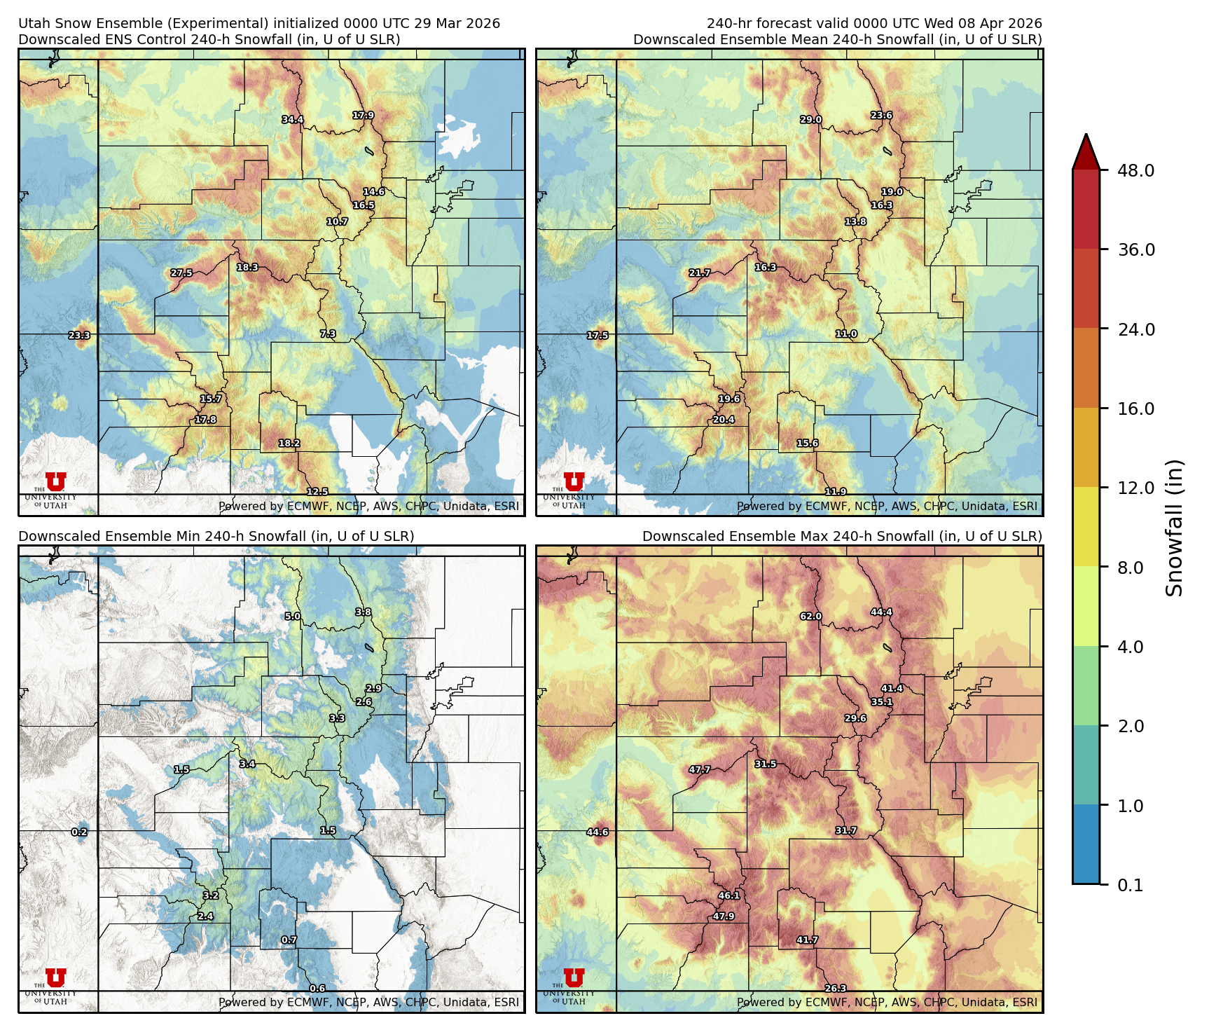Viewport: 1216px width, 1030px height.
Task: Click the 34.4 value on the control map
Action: [293, 120]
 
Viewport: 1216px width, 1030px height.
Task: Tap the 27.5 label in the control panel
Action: [181, 273]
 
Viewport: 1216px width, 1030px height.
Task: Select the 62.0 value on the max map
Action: [811, 617]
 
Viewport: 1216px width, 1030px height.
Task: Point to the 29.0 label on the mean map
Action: [811, 120]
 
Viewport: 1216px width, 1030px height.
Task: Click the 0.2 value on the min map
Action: [79, 832]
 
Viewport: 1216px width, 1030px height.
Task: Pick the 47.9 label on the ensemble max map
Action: [724, 916]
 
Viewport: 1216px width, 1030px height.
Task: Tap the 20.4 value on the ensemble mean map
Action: [724, 420]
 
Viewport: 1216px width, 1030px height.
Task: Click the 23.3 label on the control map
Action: [79, 336]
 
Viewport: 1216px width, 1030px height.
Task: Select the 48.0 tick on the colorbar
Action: [1135, 170]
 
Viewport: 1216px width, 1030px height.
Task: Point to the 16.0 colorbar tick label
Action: [1135, 408]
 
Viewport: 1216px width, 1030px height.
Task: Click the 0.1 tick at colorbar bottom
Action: [1130, 885]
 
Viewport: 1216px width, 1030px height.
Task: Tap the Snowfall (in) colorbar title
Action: [1175, 527]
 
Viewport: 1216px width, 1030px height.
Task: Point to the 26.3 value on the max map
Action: [835, 989]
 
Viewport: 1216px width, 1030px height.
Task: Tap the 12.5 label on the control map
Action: [317, 492]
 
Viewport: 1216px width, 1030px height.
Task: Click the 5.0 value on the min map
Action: [292, 617]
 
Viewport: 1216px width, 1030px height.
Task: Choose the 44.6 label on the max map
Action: [597, 832]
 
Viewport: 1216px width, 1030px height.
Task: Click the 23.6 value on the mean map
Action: [881, 116]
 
